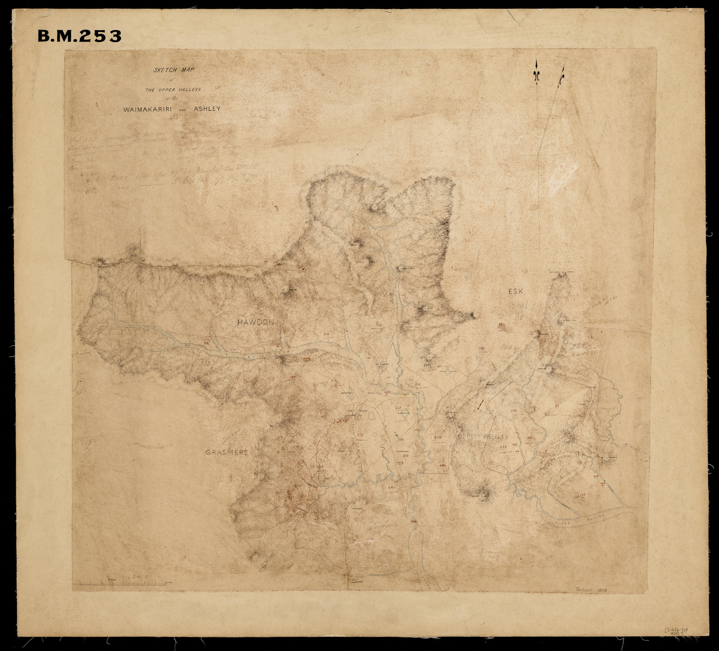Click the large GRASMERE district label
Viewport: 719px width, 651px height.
227,453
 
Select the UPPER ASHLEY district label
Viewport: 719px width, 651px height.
483,437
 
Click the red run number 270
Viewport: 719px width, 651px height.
437,437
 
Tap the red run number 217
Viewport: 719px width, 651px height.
398,408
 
